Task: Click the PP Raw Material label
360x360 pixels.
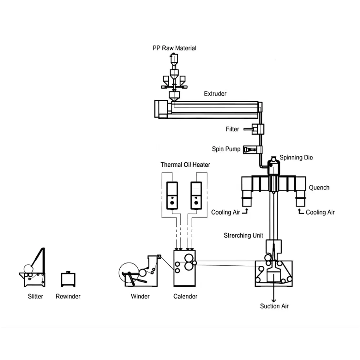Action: click(x=174, y=48)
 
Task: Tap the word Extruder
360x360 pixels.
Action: click(x=215, y=94)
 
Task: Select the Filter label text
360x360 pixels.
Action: click(x=232, y=129)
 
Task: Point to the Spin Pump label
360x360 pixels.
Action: click(x=226, y=149)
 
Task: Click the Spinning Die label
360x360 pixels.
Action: click(x=296, y=158)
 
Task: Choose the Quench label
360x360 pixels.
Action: click(x=319, y=188)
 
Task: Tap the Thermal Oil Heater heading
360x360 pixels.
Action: click(x=185, y=165)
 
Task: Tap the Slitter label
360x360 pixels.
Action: click(x=35, y=296)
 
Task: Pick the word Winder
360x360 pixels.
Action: click(x=140, y=296)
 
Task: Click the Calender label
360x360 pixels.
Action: click(x=185, y=296)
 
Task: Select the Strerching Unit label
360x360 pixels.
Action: click(x=242, y=235)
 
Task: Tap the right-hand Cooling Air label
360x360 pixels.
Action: click(x=320, y=212)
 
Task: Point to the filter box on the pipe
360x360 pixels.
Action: click(x=258, y=129)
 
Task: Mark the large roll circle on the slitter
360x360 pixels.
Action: click(x=28, y=269)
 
